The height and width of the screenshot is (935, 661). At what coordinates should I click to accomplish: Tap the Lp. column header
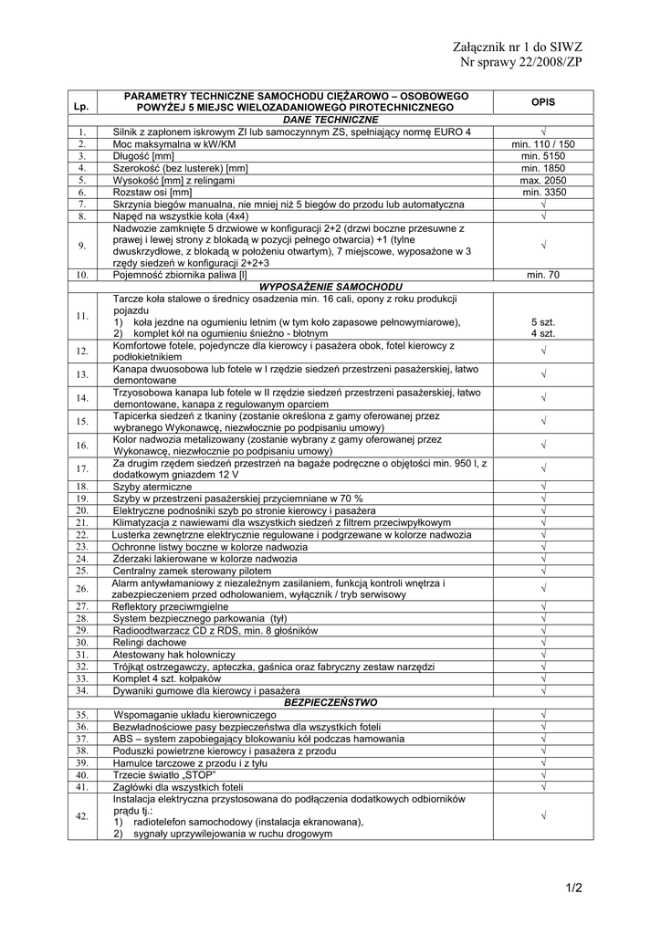click(x=81, y=108)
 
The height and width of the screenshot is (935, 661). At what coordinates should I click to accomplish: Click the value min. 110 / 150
click(x=543, y=144)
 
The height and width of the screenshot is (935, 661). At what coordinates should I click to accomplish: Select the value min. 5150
click(x=543, y=156)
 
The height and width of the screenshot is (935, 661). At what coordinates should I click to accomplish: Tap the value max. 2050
click(x=543, y=181)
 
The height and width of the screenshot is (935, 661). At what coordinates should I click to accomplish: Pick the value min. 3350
click(x=544, y=193)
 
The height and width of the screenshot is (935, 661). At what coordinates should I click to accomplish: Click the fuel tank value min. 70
click(x=543, y=275)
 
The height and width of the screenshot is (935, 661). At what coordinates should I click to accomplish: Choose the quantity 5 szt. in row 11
click(x=543, y=322)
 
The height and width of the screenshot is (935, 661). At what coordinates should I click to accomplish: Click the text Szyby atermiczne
click(x=152, y=487)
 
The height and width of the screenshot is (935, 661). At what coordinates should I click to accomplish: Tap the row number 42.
click(x=81, y=816)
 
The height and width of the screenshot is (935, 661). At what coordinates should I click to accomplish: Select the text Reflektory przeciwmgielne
click(x=170, y=606)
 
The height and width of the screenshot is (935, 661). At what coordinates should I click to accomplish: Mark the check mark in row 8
click(x=543, y=216)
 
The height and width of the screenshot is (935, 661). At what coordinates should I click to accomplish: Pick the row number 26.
click(x=81, y=589)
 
